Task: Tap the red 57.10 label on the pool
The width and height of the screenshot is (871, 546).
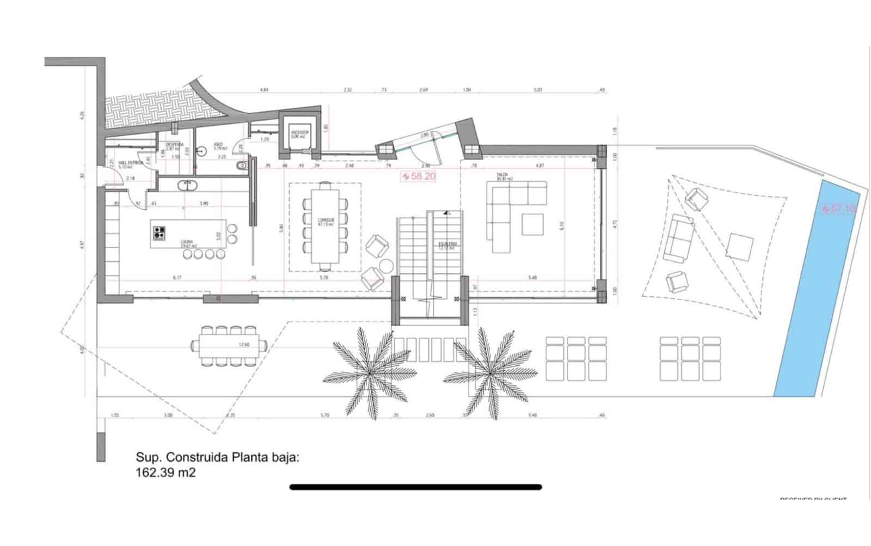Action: [x=838, y=209]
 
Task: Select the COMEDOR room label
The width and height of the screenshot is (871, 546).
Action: [x=326, y=221]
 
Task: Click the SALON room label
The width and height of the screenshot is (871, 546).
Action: [x=502, y=176]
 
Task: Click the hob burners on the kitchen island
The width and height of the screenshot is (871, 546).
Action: [x=160, y=232]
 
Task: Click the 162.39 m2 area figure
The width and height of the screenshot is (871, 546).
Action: [x=165, y=473]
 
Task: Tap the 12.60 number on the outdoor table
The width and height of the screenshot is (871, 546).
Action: [x=244, y=344]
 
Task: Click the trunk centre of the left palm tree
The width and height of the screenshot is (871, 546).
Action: [x=370, y=372]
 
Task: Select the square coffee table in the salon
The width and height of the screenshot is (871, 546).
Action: [x=532, y=224]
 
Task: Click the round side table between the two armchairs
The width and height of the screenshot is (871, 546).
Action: [x=387, y=266]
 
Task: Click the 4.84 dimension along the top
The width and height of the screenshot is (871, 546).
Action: [x=265, y=89]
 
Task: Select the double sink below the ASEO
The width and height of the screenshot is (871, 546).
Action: [x=187, y=185]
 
